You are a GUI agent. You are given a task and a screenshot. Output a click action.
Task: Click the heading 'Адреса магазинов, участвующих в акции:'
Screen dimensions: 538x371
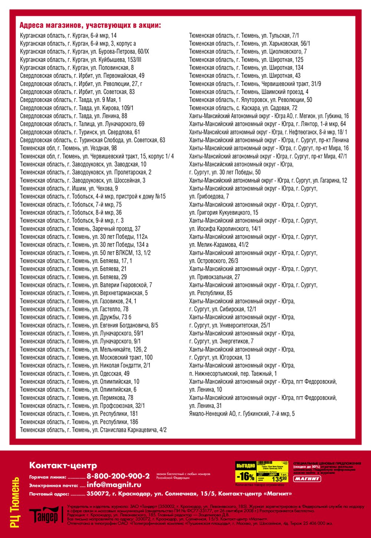click(90, 26)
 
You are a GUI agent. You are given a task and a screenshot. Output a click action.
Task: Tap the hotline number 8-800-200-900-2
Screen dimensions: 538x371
click(118, 476)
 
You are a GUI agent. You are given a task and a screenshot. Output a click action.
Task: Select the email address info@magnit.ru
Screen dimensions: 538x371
click(114, 485)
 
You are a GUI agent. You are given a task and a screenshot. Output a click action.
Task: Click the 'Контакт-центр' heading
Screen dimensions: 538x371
click(63, 465)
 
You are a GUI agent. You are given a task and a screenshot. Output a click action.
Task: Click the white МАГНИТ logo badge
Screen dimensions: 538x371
click(307, 479)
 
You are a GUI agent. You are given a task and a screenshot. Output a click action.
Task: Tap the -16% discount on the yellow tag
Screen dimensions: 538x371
click(245, 476)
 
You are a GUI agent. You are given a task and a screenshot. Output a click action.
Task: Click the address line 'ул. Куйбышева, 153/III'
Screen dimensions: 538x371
click(81, 60)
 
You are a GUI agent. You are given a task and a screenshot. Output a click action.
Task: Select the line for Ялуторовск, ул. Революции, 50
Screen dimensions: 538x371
click(250, 100)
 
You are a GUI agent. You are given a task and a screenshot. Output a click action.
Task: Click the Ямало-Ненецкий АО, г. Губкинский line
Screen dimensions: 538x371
click(242, 414)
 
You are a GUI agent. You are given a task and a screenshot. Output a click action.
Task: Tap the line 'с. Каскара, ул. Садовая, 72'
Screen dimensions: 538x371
click(243, 108)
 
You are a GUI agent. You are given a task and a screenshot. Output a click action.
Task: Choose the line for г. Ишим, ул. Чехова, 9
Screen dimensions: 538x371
click(69, 188)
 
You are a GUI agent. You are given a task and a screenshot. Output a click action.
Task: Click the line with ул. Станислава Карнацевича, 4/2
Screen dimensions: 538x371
click(93, 430)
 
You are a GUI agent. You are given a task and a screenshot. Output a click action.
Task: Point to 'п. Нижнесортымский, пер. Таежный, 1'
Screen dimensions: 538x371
click(233, 374)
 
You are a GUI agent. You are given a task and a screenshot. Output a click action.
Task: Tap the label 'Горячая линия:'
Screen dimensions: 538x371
click(47, 477)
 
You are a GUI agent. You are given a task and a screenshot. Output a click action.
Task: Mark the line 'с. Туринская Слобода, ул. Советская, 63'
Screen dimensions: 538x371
click(92, 140)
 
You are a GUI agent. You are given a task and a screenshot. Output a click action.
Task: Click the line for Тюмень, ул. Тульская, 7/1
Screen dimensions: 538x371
click(244, 36)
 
